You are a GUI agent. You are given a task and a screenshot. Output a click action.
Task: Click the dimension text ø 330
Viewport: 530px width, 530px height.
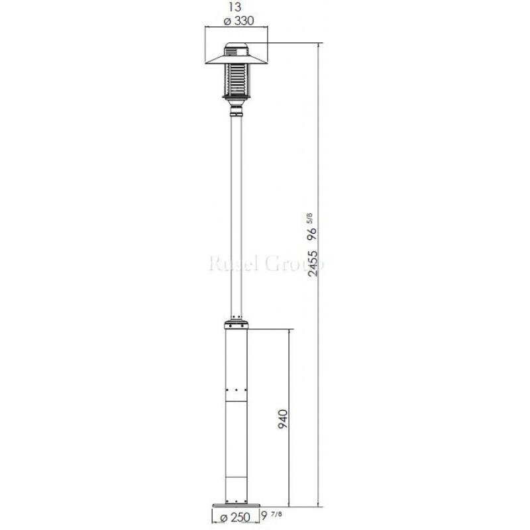[x=237, y=21]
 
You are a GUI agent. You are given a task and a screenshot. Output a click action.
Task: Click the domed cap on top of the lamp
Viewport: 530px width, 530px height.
[x=237, y=48]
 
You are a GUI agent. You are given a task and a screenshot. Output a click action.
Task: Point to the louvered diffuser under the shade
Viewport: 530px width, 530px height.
[x=237, y=79]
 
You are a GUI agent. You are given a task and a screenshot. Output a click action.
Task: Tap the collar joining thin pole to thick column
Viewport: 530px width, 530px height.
[x=237, y=326]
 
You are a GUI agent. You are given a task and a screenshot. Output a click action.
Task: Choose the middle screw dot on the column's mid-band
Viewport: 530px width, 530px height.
[x=237, y=389]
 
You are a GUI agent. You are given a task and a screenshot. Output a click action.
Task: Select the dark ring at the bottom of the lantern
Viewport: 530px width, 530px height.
[x=237, y=97]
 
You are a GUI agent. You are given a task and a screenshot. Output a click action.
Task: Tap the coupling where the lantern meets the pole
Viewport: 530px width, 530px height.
[x=237, y=108]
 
